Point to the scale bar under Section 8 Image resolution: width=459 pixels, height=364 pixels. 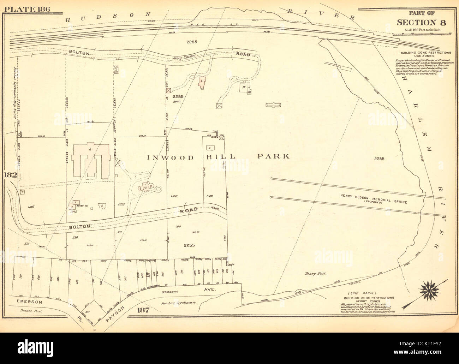pyautogui.click(x=422, y=34)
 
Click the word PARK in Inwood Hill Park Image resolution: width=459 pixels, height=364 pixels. pyautogui.click(x=273, y=156)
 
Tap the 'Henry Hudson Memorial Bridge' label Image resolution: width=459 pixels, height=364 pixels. pyautogui.click(x=374, y=200)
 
